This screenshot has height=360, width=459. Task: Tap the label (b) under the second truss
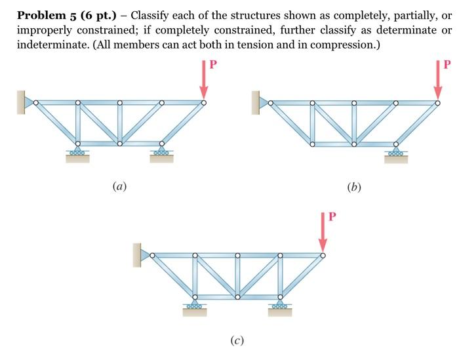[x=355, y=187]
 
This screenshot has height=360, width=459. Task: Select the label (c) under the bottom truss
[x=237, y=341]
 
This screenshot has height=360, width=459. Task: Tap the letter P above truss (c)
[x=332, y=217]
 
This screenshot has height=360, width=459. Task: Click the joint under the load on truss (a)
[x=203, y=102]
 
